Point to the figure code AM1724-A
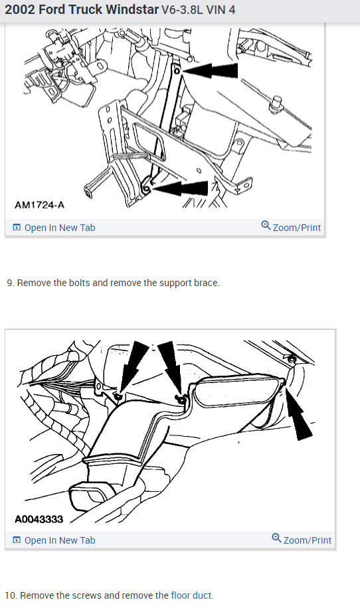[39, 205]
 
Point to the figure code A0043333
[39, 518]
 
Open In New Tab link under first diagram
[59, 228]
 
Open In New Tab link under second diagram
[59, 540]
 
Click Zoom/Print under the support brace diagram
[296, 228]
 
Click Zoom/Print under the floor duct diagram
[307, 540]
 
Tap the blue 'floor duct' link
[191, 595]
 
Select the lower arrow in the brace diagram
[183, 189]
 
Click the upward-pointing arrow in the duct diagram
[301, 419]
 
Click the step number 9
[9, 283]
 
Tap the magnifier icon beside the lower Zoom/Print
[277, 539]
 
